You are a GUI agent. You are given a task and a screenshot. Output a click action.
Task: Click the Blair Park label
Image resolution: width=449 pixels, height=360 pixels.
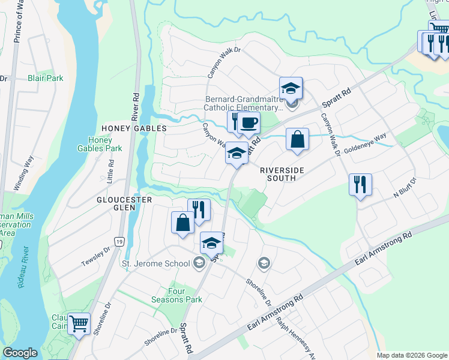(45, 79)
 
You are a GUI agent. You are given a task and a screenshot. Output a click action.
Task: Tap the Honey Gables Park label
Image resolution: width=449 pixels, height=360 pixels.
(100, 143)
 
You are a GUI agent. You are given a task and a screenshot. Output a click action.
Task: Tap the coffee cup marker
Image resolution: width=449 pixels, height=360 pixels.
(249, 124)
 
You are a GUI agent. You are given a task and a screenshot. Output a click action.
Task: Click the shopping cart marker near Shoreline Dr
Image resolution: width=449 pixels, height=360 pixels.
(79, 325)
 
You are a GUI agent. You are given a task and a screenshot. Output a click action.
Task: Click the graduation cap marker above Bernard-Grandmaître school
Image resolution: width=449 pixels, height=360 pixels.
(291, 89)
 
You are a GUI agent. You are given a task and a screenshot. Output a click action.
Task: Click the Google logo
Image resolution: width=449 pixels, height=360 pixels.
(20, 353)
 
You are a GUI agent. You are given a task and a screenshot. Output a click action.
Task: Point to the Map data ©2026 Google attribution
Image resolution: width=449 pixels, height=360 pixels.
(412, 355)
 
